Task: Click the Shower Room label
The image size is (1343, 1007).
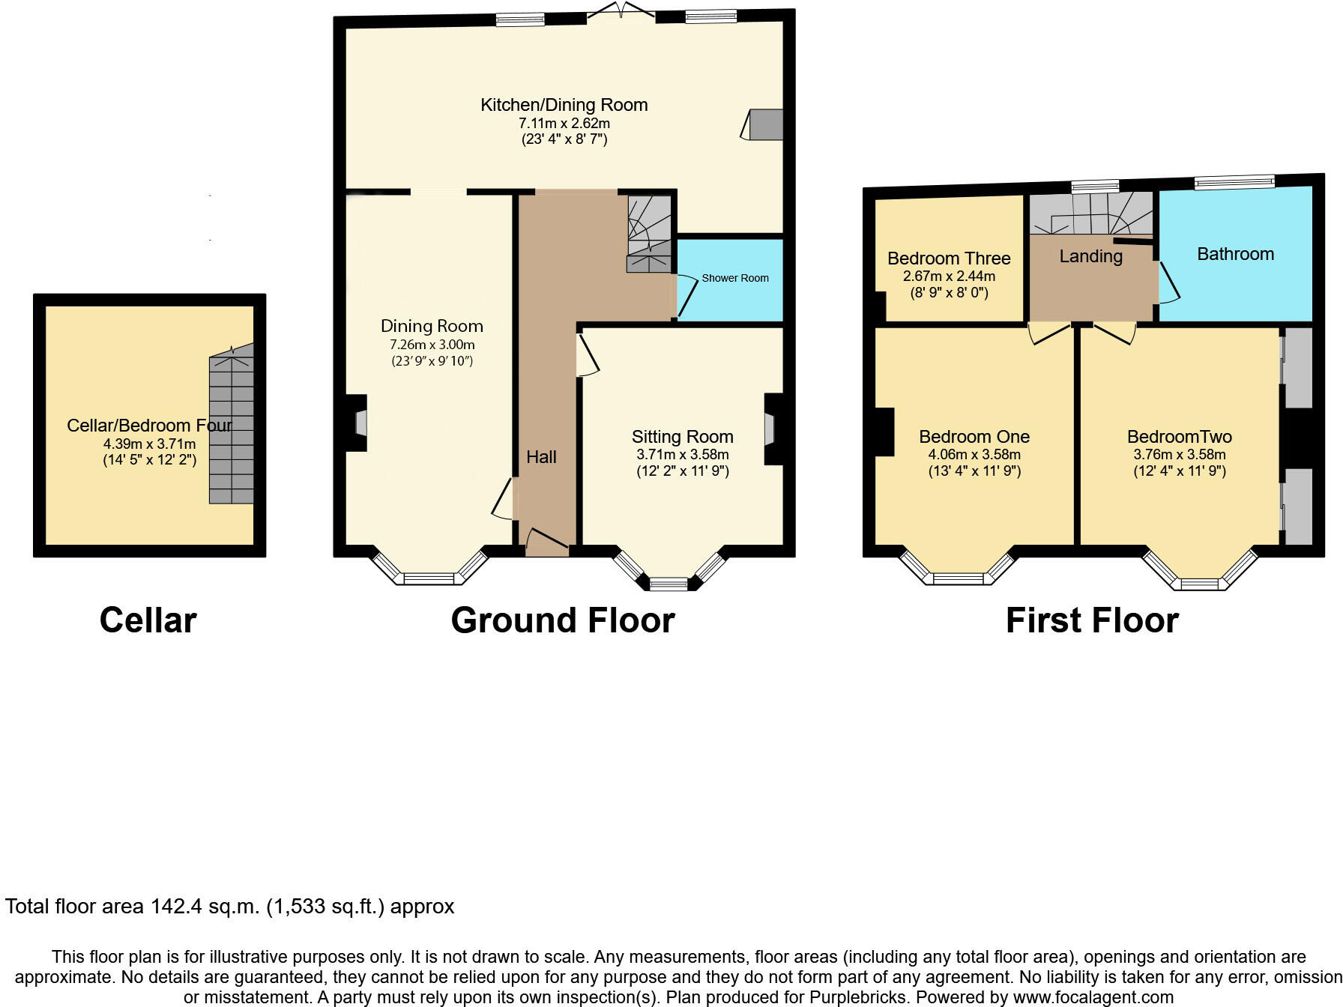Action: (x=734, y=278)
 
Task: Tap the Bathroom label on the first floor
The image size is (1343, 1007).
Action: (x=1235, y=254)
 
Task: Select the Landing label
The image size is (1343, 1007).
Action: (x=1090, y=256)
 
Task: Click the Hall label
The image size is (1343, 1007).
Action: (x=541, y=457)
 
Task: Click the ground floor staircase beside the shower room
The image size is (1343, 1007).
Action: (x=649, y=234)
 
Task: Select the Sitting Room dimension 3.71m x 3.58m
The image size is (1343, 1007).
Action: (x=682, y=454)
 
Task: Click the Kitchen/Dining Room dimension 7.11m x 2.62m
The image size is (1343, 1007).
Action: (x=564, y=123)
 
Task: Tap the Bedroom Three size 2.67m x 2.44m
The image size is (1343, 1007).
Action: (x=949, y=276)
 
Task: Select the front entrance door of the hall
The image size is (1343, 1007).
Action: (x=548, y=541)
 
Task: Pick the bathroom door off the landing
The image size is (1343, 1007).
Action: (x=1168, y=282)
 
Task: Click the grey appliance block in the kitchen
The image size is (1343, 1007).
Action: (x=766, y=124)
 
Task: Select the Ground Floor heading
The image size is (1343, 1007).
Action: (x=563, y=620)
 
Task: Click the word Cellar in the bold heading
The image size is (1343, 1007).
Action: (x=148, y=620)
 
